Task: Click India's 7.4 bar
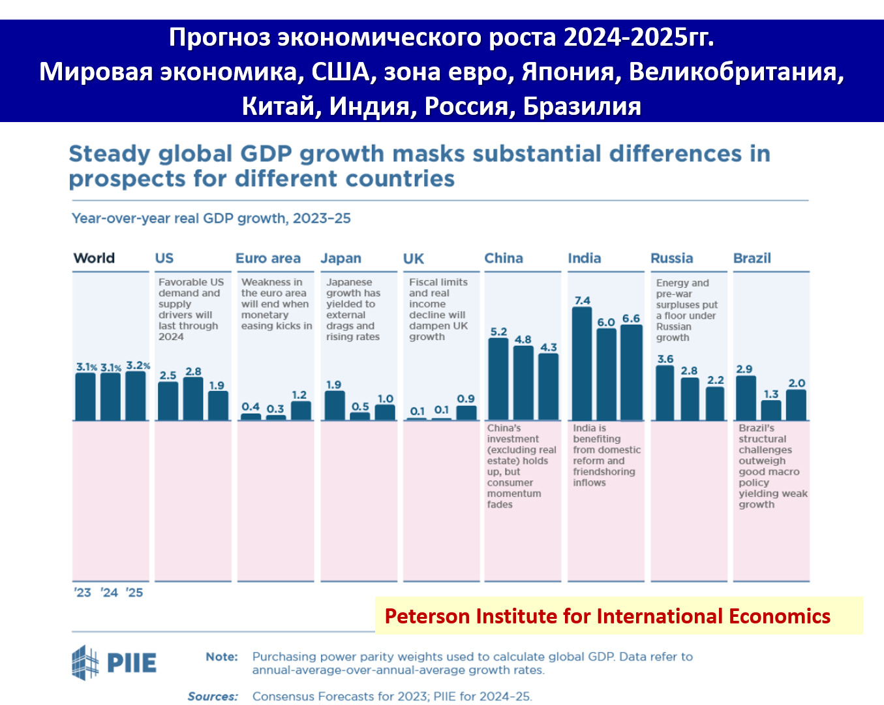(x=581, y=364)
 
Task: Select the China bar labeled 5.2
(x=498, y=379)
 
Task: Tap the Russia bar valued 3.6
(x=665, y=393)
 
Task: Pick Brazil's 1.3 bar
(x=771, y=411)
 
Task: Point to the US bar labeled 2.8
(x=193, y=399)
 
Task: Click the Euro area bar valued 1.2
(x=301, y=411)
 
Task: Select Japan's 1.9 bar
(x=335, y=405)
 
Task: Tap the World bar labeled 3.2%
(x=136, y=396)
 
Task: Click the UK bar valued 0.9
(x=466, y=413)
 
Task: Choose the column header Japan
(x=341, y=258)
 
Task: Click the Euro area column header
(x=268, y=258)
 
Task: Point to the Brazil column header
(x=752, y=258)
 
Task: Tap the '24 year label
(x=109, y=593)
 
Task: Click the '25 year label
(x=134, y=593)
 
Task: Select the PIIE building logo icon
(x=85, y=663)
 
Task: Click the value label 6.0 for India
(x=606, y=322)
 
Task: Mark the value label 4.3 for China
(x=549, y=347)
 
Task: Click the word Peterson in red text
(x=427, y=616)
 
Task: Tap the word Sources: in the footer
(x=213, y=697)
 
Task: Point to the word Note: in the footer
(x=222, y=657)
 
